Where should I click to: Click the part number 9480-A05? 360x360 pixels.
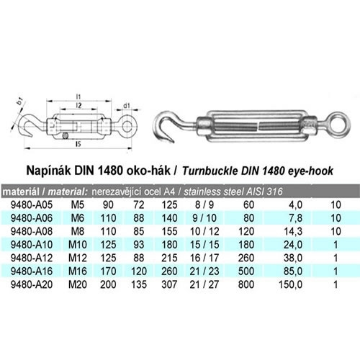32,204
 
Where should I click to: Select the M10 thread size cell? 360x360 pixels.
78,245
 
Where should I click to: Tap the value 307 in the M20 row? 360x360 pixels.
169,284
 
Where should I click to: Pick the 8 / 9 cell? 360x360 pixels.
204,204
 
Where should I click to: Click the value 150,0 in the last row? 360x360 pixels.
290,284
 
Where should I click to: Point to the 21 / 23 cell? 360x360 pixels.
204,271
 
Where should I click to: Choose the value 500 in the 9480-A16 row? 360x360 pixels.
246,271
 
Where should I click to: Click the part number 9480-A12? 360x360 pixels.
32,258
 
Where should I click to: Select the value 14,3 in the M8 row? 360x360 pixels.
293,232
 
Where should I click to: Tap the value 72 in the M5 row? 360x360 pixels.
139,204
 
